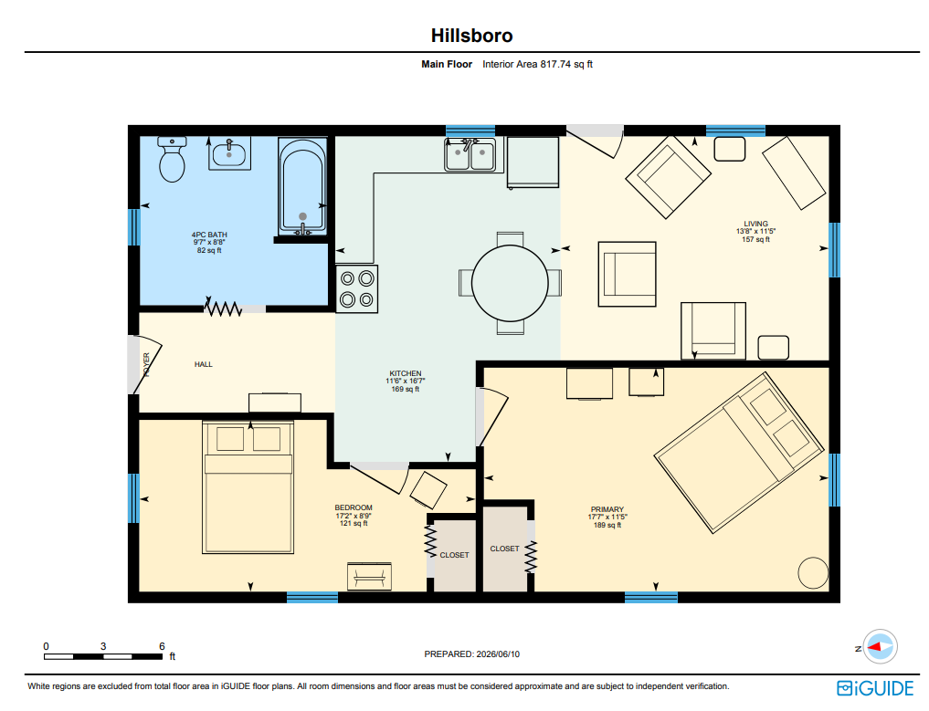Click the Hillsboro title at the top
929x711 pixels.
pyautogui.click(x=471, y=36)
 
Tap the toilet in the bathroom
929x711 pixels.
pyautogui.click(x=172, y=159)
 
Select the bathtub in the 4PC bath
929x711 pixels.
pyautogui.click(x=302, y=186)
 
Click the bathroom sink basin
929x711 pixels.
pyautogui.click(x=229, y=154)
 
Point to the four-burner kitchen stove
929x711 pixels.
pyautogui.click(x=356, y=288)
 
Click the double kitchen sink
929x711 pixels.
pyautogui.click(x=470, y=155)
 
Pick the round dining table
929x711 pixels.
pyautogui.click(x=510, y=283)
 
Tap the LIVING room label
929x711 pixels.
pyautogui.click(x=756, y=224)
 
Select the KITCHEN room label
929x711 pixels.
pyautogui.click(x=406, y=373)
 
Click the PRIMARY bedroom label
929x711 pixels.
pyautogui.click(x=607, y=509)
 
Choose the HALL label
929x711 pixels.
pyautogui.click(x=203, y=364)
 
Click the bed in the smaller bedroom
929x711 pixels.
pyautogui.click(x=248, y=487)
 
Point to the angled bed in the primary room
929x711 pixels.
pyautogui.click(x=739, y=453)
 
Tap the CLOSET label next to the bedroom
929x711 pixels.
pyautogui.click(x=454, y=555)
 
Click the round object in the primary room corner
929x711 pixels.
pyautogui.click(x=814, y=573)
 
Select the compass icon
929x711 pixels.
pyautogui.click(x=880, y=647)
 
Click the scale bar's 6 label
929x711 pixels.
pyautogui.click(x=162, y=646)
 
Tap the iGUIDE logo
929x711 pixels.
pyautogui.click(x=875, y=688)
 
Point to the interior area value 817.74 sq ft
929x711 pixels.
pyautogui.click(x=566, y=64)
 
